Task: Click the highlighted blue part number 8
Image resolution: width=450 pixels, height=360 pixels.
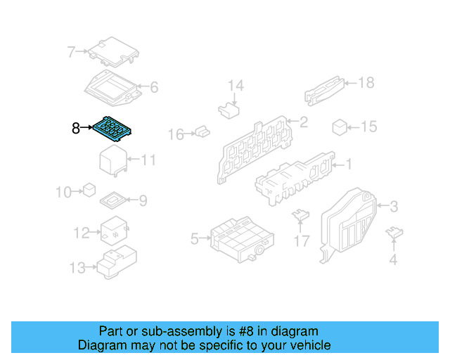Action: point(112,129)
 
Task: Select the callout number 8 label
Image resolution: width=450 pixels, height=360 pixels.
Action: point(76,128)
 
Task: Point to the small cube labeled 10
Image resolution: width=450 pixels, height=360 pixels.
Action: point(89,190)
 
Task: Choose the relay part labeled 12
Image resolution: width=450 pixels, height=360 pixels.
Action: point(112,230)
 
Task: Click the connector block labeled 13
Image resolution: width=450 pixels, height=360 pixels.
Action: point(114,264)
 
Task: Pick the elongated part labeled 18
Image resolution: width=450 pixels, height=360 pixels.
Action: point(324,89)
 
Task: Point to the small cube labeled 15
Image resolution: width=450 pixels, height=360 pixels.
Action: point(340,127)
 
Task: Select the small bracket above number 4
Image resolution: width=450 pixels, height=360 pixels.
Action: point(395,233)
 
